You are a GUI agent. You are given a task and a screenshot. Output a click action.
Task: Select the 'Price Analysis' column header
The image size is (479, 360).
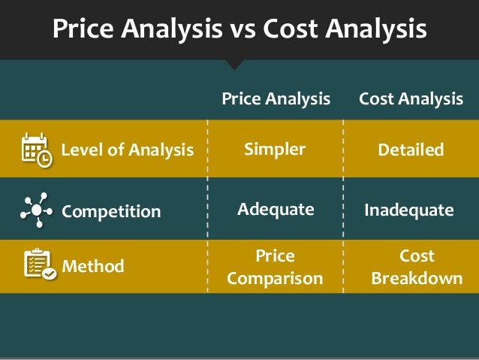click(x=276, y=98)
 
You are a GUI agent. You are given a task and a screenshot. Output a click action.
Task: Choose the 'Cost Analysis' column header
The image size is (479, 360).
click(x=411, y=98)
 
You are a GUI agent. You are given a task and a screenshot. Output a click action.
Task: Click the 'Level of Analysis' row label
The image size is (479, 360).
click(x=127, y=150)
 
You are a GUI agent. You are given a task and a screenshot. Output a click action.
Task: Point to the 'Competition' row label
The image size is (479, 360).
click(x=111, y=211)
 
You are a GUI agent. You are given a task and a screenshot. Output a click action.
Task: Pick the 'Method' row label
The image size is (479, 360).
click(x=93, y=266)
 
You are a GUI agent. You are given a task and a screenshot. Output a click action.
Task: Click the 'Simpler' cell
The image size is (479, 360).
click(x=275, y=149)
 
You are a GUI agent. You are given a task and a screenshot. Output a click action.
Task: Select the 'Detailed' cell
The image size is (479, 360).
click(x=411, y=150)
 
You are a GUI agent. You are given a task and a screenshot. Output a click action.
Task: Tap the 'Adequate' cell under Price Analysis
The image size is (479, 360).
click(x=276, y=210)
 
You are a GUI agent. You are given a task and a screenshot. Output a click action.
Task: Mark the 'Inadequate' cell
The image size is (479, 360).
click(x=409, y=210)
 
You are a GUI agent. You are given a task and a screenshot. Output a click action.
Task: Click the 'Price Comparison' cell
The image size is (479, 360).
click(x=275, y=267)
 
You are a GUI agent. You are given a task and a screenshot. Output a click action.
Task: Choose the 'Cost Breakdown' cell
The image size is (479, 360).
click(x=417, y=267)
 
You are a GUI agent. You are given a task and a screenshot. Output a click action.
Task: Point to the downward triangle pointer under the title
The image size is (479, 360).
click(x=235, y=65)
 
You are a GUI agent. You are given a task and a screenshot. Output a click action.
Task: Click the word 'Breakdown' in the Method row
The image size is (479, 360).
click(x=417, y=279)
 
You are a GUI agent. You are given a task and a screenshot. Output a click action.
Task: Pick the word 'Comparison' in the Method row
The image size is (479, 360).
click(x=275, y=279)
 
